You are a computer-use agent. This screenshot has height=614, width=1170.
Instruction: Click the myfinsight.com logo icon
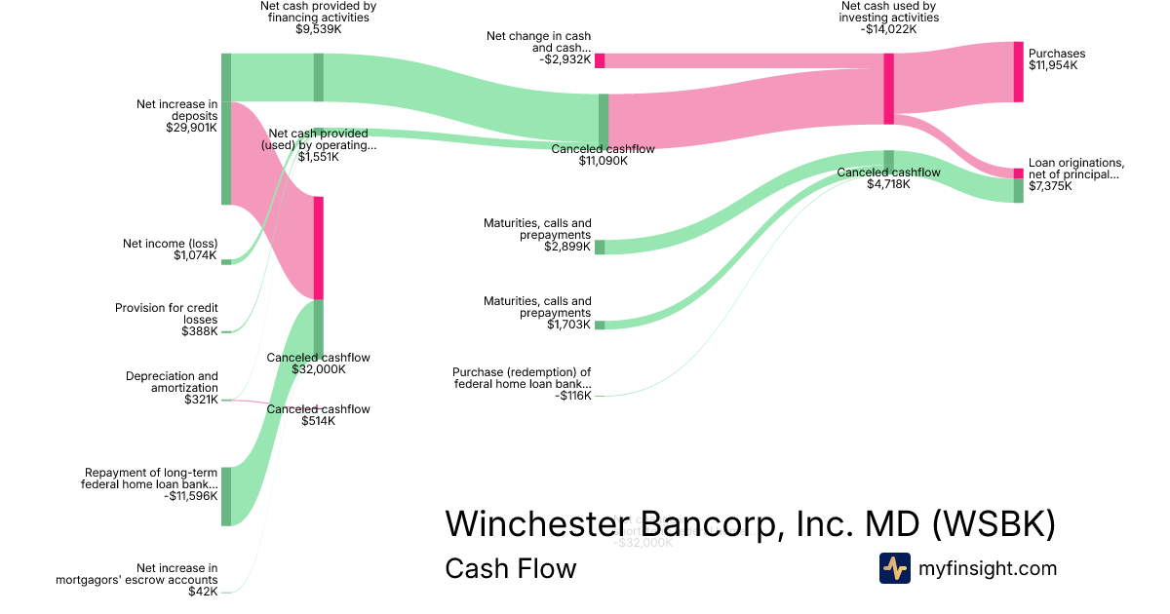tap(894, 568)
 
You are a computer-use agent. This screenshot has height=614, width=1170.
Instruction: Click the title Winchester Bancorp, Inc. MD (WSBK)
tap(750, 523)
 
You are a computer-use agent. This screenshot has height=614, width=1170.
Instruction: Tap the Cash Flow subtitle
tap(510, 568)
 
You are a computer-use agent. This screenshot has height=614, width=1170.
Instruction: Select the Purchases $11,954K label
tap(1057, 59)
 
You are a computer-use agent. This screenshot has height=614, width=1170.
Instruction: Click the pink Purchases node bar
tap(1019, 71)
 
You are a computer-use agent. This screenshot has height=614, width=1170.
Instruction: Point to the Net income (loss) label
tap(170, 249)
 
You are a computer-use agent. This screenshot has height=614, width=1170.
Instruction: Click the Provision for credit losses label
tap(167, 320)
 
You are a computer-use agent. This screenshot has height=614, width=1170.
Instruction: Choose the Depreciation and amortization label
tap(172, 387)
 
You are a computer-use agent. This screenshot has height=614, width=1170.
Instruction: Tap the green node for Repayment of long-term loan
tap(226, 496)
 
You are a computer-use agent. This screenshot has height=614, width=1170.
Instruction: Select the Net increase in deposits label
tap(176, 115)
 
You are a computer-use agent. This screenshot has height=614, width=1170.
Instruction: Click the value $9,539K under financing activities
tap(319, 29)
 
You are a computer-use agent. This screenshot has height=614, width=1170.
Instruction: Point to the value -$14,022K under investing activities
tap(889, 29)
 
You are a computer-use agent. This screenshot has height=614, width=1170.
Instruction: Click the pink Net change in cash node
tap(600, 60)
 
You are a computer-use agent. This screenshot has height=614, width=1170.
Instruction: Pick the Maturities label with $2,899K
tap(537, 235)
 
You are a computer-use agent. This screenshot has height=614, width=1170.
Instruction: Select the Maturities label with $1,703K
tap(537, 313)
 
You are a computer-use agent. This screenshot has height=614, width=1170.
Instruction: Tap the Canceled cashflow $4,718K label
tap(888, 177)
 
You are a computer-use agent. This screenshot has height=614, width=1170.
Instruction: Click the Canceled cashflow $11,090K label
tap(603, 154)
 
